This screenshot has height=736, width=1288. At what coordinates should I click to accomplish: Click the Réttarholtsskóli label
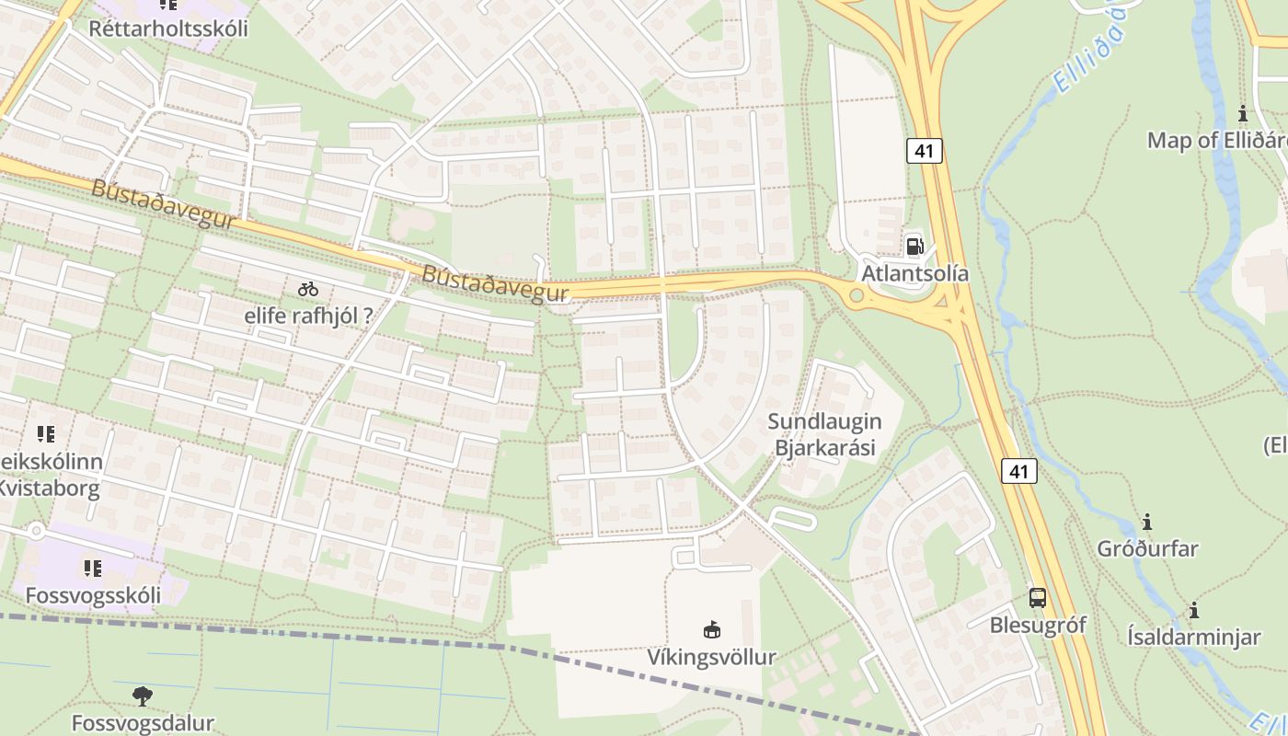click(168, 29)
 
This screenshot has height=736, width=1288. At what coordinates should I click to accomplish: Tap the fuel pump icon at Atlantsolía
click(914, 246)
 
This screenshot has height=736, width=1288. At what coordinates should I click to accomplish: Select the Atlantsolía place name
click(914, 273)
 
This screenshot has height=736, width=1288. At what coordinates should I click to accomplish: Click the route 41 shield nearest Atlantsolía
click(925, 150)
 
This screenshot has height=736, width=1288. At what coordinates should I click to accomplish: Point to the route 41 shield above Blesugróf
click(1019, 471)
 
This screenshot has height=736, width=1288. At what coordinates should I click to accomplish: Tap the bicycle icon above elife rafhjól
click(308, 289)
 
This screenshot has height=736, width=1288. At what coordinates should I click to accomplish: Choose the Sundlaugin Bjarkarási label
click(825, 435)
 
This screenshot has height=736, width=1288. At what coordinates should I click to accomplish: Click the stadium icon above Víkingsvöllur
click(711, 630)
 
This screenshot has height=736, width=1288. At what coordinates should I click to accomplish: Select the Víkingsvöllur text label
click(711, 657)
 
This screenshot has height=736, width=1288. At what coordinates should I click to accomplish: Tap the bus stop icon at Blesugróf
click(1038, 598)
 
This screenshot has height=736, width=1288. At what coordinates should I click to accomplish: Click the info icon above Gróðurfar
click(1147, 522)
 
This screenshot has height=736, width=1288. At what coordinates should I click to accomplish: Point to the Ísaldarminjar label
click(1194, 637)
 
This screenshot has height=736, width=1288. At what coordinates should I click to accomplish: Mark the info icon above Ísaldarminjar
click(1194, 610)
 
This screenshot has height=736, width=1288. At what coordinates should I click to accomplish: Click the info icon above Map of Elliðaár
click(1244, 114)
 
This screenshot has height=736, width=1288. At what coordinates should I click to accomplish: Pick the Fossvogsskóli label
click(93, 595)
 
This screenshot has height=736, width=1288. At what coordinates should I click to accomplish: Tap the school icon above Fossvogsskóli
click(92, 568)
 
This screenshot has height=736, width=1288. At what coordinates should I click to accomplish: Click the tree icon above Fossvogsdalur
click(142, 696)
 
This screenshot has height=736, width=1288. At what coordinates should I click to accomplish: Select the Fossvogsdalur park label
click(143, 722)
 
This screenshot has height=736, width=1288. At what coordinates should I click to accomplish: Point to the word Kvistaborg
click(50, 488)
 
